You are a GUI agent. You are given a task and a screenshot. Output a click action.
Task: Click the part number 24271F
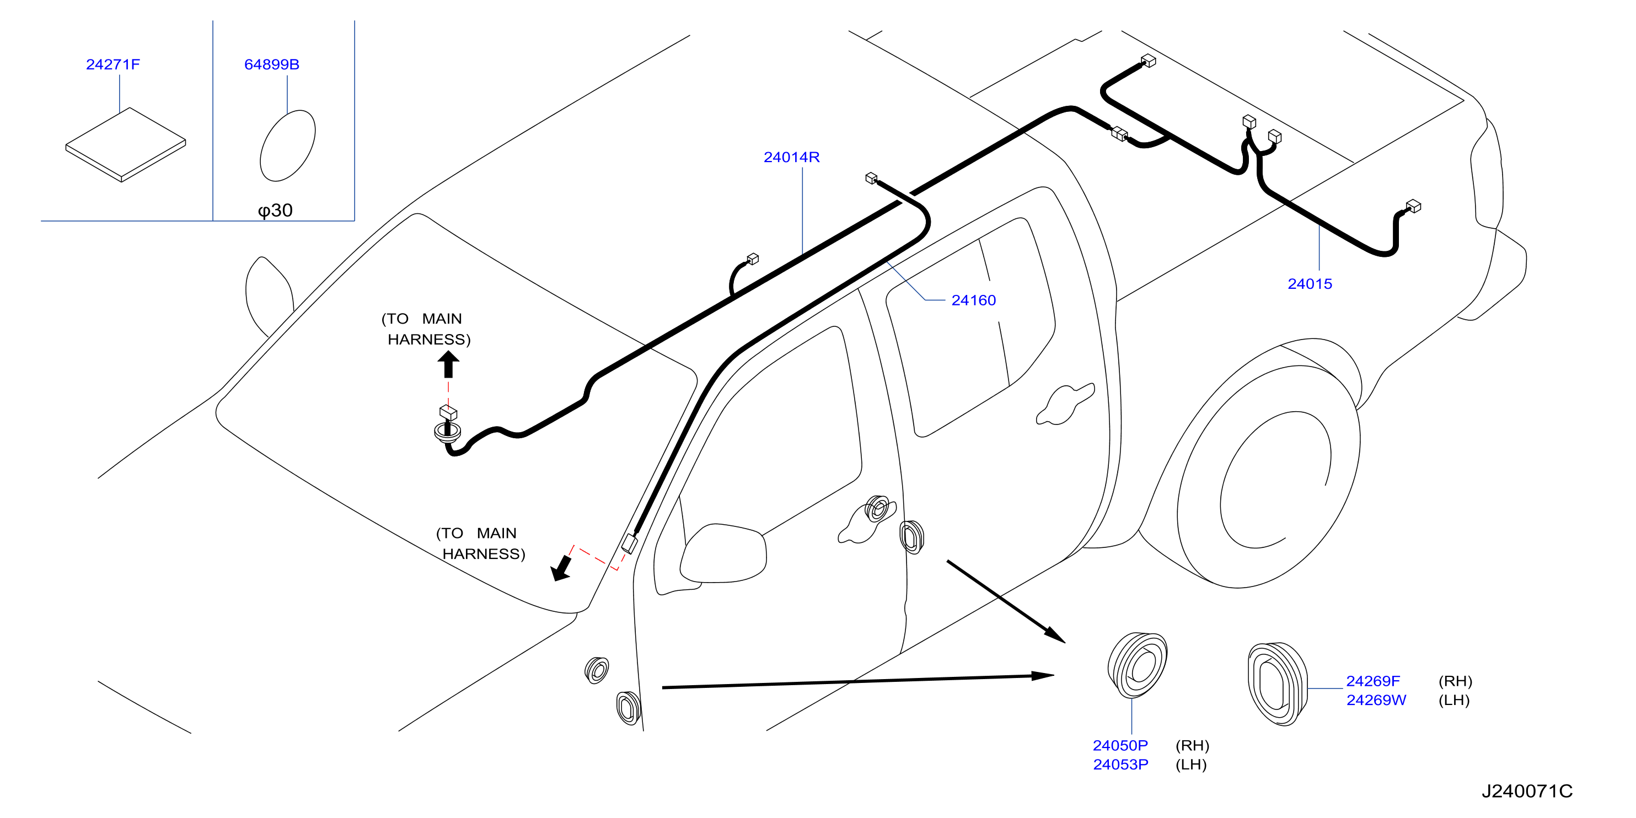pos(113,64)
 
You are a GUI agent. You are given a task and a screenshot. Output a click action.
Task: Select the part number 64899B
pos(272,64)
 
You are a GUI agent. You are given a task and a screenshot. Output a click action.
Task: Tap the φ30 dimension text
pos(275,210)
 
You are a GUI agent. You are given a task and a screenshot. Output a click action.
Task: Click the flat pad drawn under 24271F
pos(126,145)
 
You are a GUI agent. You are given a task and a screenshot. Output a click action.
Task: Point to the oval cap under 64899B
pos(288,146)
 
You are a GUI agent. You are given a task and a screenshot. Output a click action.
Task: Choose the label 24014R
pos(791,157)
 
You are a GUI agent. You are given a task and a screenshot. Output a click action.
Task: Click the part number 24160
pos(974,300)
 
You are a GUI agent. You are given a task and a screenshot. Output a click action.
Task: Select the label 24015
pos(1310,284)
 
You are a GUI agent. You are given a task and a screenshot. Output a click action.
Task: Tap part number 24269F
pos(1373,681)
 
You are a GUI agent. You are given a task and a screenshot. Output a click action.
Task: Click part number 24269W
pos(1376,700)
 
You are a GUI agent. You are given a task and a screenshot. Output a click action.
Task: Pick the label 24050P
pos(1120,745)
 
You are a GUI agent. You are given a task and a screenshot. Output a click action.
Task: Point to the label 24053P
pos(1120,764)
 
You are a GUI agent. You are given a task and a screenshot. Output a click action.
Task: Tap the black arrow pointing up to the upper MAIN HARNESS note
pos(448,364)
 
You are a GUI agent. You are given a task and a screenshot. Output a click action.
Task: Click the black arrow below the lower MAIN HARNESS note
pos(561,568)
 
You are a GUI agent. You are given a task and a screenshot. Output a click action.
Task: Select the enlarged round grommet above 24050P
pos(1138,665)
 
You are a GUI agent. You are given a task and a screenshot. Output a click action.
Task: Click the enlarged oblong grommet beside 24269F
pos(1277,684)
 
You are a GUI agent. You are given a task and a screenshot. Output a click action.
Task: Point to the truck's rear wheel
pos(1269,477)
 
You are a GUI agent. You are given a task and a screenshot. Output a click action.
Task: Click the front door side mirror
pos(723,553)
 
